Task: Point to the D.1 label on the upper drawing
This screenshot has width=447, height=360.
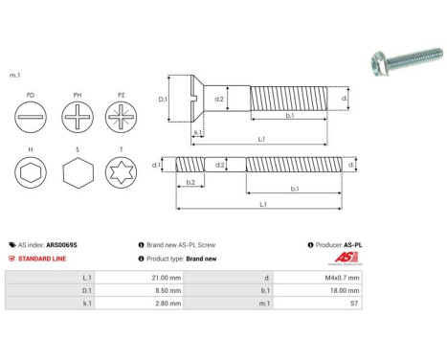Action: click(x=163, y=100)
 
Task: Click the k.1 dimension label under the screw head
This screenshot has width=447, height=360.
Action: click(x=196, y=132)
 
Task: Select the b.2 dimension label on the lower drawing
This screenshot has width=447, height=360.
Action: click(x=190, y=181)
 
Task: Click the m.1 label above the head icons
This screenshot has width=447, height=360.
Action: click(x=15, y=75)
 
